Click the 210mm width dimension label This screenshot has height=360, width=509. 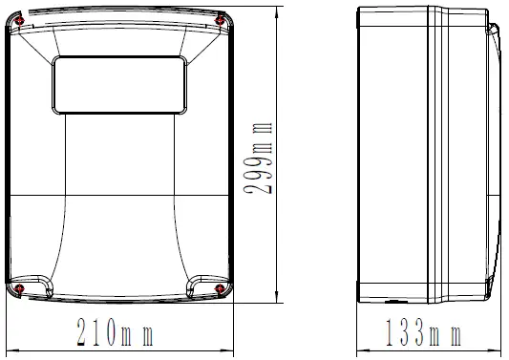pos(115,332)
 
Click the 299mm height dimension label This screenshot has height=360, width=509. pos(258,159)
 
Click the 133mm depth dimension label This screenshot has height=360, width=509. pos(423,332)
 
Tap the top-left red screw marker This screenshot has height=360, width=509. pos(20,20)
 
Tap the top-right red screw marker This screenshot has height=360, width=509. pos(220,21)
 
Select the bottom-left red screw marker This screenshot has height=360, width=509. pos(20,288)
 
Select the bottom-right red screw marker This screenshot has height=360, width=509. pos(220,288)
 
